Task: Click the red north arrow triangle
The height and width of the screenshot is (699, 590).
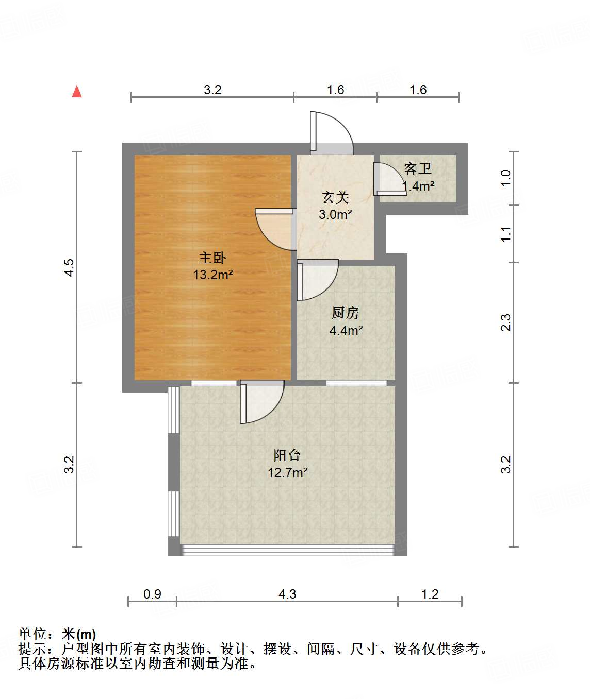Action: click(x=77, y=92)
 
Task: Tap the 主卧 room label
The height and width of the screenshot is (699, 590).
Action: click(x=212, y=258)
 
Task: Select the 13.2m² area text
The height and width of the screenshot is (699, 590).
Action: click(x=213, y=275)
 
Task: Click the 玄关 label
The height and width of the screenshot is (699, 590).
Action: click(x=336, y=197)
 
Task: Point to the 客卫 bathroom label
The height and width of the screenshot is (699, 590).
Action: click(x=418, y=168)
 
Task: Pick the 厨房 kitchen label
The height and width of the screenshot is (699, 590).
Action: click(x=346, y=313)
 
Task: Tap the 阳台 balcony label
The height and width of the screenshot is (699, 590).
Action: click(x=287, y=455)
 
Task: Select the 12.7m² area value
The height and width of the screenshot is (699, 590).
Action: click(x=288, y=472)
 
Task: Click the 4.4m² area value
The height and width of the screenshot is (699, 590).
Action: click(x=346, y=330)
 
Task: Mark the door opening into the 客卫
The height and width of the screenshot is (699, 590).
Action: click(x=388, y=180)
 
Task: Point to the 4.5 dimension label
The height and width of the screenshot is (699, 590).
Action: click(x=69, y=267)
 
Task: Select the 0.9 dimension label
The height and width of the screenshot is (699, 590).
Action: click(x=152, y=594)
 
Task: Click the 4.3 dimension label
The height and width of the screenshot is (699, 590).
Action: click(x=287, y=594)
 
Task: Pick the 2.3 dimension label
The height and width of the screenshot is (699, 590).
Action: click(x=506, y=322)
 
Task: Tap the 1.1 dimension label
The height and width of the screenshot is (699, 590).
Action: click(x=506, y=233)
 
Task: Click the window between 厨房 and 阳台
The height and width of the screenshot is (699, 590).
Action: click(x=356, y=383)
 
